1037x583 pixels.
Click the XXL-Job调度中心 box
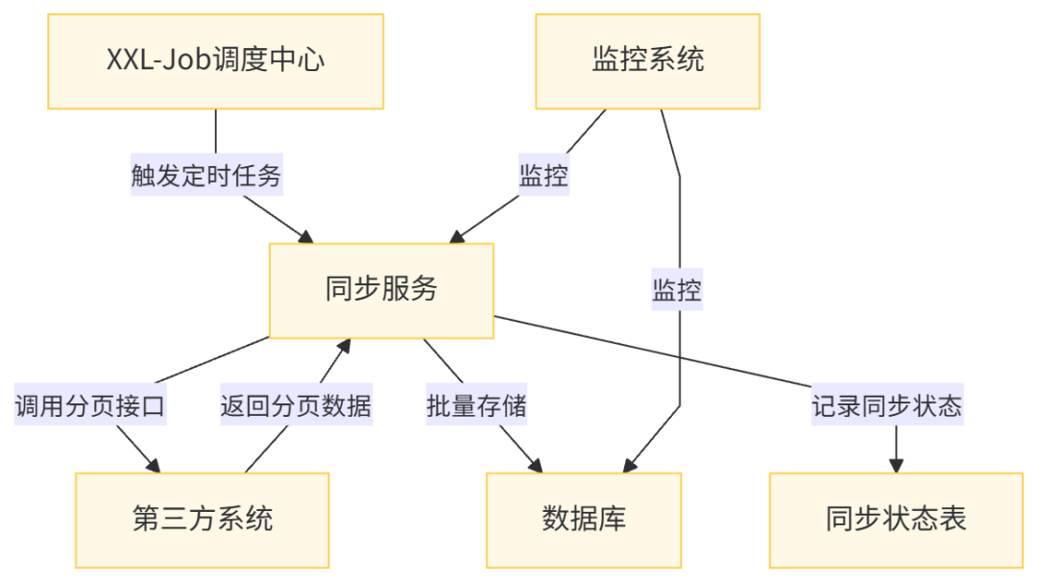(x=215, y=61)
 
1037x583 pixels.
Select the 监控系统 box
(x=647, y=61)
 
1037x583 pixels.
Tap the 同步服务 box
(x=381, y=290)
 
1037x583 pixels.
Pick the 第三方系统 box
(x=202, y=520)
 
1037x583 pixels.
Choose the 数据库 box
(x=584, y=520)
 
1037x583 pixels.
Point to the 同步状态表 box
(x=896, y=520)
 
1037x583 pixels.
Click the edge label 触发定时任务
(x=206, y=177)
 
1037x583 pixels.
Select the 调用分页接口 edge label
(x=90, y=406)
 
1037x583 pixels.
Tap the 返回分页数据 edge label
(x=296, y=406)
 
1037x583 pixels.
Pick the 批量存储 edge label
(x=477, y=406)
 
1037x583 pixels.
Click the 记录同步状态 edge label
(x=886, y=406)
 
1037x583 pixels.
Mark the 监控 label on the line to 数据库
(x=677, y=290)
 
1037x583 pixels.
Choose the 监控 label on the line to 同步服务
(x=543, y=177)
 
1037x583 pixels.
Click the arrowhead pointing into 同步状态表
(x=896, y=465)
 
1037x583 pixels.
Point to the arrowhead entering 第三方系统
(x=155, y=465)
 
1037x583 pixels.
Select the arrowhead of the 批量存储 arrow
(x=536, y=465)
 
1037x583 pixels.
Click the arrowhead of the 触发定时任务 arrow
(x=305, y=235)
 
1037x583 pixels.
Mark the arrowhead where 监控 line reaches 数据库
(x=629, y=465)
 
